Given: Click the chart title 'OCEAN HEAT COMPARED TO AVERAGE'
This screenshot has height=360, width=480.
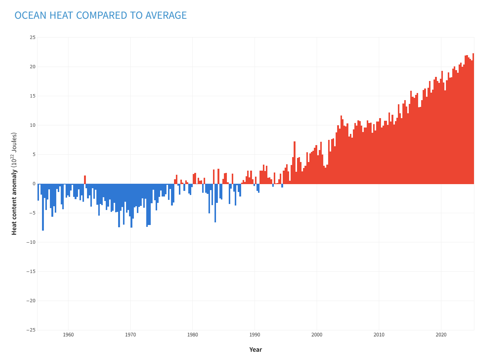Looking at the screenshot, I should [100, 15].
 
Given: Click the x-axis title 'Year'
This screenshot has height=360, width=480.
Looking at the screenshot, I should [255, 349].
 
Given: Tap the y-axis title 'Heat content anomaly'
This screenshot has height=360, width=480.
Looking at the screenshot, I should [14, 184].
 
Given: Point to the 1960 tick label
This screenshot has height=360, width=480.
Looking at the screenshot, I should [68, 335].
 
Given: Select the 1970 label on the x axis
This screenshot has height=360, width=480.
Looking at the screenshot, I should [130, 335].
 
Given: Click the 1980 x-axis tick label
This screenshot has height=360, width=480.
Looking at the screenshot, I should [192, 335].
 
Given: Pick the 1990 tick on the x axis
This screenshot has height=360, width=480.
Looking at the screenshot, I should [255, 335].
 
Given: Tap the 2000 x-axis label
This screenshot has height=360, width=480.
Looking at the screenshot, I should [316, 335].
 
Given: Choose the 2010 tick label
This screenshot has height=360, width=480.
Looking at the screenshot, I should [379, 335].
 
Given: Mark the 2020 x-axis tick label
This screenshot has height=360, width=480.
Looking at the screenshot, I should [441, 335].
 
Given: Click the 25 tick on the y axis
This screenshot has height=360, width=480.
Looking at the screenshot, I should [33, 37].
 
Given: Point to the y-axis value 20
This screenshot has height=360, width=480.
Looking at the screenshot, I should [33, 67].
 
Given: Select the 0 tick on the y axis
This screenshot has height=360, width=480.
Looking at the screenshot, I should [34, 184].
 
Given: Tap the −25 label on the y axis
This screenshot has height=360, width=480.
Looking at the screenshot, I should [31, 330].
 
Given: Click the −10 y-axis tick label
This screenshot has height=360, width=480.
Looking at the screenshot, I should [31, 242].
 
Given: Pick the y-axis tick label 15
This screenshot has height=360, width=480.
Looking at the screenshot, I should [33, 96].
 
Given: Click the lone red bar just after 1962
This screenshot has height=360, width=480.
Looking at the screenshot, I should [85, 180].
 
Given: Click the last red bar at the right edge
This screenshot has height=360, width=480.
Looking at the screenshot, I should [473, 120].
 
